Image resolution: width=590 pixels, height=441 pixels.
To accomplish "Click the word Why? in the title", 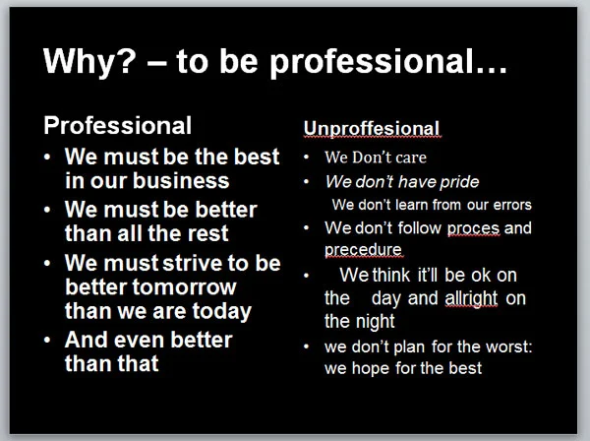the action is [89, 61].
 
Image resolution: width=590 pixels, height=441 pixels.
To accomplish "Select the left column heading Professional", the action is [117, 125].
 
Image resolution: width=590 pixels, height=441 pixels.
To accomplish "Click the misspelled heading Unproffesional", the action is [372, 129].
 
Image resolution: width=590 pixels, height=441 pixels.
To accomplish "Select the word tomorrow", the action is [185, 287].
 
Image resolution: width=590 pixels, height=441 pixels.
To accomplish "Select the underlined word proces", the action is [473, 229].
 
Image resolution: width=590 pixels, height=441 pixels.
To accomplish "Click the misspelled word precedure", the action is [363, 251].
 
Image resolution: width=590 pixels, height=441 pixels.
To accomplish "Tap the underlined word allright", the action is [471, 298].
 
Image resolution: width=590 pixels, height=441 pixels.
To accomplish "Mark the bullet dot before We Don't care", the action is [306, 157].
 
